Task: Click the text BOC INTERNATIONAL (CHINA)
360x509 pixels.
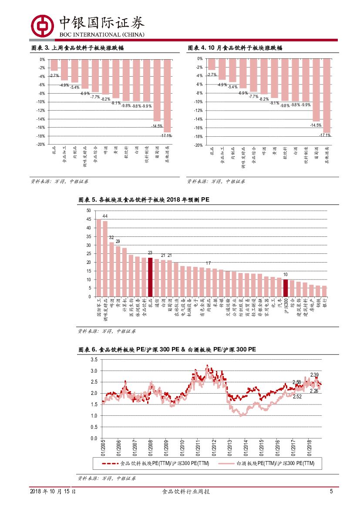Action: click(x=101, y=34)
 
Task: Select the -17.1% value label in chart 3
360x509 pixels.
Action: click(x=166, y=135)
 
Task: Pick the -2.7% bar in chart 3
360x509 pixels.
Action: click(x=54, y=65)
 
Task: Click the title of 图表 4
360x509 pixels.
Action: click(x=235, y=48)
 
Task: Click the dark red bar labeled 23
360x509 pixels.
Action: click(x=150, y=277)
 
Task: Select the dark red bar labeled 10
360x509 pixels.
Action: click(x=286, y=288)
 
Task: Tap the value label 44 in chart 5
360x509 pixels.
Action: click(x=105, y=216)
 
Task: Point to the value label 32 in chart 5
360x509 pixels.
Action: click(x=111, y=237)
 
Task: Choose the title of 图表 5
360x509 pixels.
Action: click(x=144, y=200)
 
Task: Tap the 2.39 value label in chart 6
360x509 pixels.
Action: click(x=314, y=375)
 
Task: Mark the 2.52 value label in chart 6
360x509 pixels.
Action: click(x=297, y=397)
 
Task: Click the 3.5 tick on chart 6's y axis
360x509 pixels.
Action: click(x=94, y=360)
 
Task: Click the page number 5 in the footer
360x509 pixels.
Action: click(x=331, y=492)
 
